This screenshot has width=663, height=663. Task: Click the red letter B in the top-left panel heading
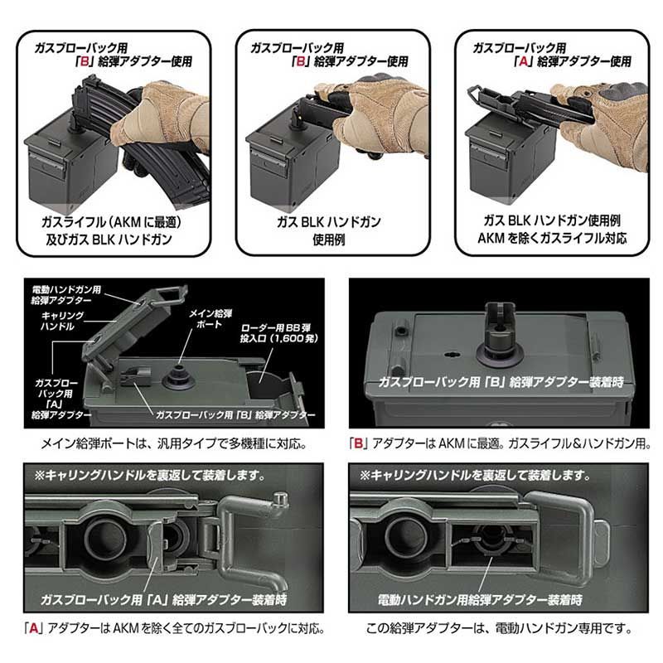point(85,61)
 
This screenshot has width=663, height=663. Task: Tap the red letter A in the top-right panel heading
point(524,61)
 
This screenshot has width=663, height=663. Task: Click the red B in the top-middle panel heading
point(301,61)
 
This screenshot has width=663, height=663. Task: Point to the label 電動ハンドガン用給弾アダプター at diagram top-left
point(66,295)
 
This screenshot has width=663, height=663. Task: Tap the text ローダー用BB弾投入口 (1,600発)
point(278,333)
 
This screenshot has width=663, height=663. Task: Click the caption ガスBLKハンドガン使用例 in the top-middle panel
point(328,230)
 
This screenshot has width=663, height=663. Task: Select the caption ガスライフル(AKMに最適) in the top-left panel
point(111,222)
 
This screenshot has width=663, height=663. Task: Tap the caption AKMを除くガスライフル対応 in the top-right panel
point(552,238)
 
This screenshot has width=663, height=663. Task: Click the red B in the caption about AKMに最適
point(358,443)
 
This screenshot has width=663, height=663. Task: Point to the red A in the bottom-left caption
point(33,628)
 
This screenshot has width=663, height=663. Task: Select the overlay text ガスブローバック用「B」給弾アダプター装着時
point(501,382)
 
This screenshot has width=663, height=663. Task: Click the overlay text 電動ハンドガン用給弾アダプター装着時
point(480,599)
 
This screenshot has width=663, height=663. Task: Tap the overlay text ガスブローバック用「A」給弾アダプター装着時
point(163,599)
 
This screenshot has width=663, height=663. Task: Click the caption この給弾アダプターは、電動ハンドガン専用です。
point(500,628)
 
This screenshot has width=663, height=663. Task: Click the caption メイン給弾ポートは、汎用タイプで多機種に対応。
point(174,443)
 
